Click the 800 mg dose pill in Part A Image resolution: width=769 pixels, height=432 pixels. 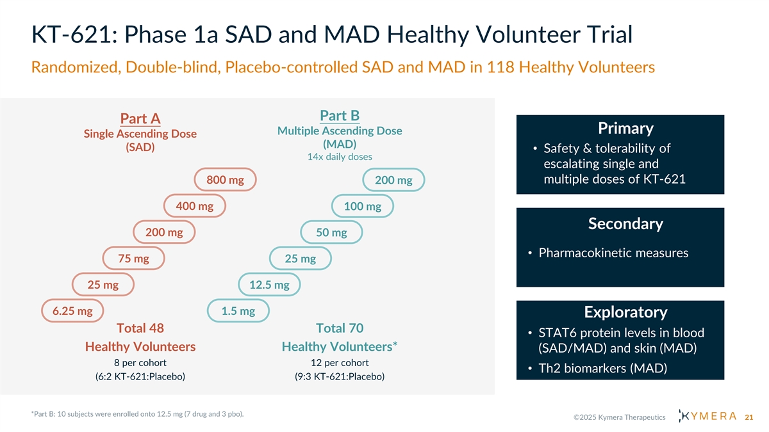click(225, 180)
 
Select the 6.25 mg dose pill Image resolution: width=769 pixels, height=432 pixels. click(72, 311)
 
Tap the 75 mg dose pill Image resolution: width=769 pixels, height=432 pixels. click(134, 259)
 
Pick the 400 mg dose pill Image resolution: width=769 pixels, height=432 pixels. click(195, 206)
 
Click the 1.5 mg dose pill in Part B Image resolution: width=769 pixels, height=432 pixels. click(238, 311)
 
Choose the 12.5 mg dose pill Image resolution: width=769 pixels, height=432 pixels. click(269, 285)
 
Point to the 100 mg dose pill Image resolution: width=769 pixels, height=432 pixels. click(363, 207)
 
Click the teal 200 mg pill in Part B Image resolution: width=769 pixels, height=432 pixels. click(393, 181)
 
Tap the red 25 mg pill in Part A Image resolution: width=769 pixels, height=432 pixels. click(103, 285)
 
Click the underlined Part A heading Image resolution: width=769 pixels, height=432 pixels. click(140, 119)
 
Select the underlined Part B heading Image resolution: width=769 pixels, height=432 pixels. click(340, 116)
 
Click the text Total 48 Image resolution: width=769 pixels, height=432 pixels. click(140, 328)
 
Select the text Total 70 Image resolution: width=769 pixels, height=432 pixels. click(340, 328)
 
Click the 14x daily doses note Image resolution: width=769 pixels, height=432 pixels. click(340, 157)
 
